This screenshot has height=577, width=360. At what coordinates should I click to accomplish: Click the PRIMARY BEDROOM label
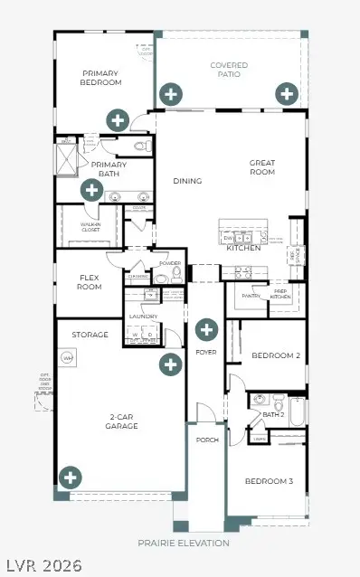coord(101,78)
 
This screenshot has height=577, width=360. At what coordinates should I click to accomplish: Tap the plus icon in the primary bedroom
coord(117,118)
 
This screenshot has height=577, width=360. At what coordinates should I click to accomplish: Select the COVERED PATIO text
coord(229,71)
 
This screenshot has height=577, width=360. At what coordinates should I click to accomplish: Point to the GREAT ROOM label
coord(261,167)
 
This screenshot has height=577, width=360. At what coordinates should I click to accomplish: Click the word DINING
coord(187,181)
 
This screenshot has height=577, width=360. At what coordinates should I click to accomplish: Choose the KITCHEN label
coord(242,247)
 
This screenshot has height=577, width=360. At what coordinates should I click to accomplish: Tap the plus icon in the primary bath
coord(90,189)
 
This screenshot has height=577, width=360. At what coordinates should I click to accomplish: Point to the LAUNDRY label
coord(144,317)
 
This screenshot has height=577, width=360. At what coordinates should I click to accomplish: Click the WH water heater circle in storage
coord(67,358)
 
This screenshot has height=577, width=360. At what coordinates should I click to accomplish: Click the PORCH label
coord(207,440)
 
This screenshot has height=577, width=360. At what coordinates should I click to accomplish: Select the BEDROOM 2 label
coord(275,355)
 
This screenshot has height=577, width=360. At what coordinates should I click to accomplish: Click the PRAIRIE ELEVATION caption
coord(184,544)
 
